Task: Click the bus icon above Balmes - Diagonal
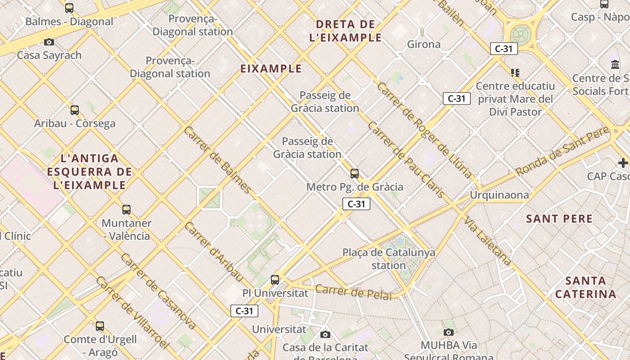click(69, 8)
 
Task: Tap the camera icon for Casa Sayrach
click(49, 42)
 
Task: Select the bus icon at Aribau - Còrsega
click(75, 110)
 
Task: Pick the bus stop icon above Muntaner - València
click(126, 209)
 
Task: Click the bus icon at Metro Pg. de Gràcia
click(355, 173)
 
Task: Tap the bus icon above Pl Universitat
click(275, 279)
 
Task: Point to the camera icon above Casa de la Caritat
click(325, 334)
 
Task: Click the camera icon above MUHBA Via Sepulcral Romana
click(448, 332)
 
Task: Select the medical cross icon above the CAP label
click(623, 162)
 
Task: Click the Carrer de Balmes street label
click(217, 160)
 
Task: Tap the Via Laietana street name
click(488, 241)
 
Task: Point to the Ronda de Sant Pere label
click(562, 151)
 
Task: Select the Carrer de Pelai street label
click(353, 291)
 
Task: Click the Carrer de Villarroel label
click(132, 312)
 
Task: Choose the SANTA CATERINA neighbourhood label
click(585, 288)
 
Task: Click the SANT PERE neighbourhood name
click(559, 219)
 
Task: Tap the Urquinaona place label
click(499, 195)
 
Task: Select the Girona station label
click(424, 44)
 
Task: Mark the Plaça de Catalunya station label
click(389, 259)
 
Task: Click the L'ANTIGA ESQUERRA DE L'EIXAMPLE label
click(90, 171)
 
